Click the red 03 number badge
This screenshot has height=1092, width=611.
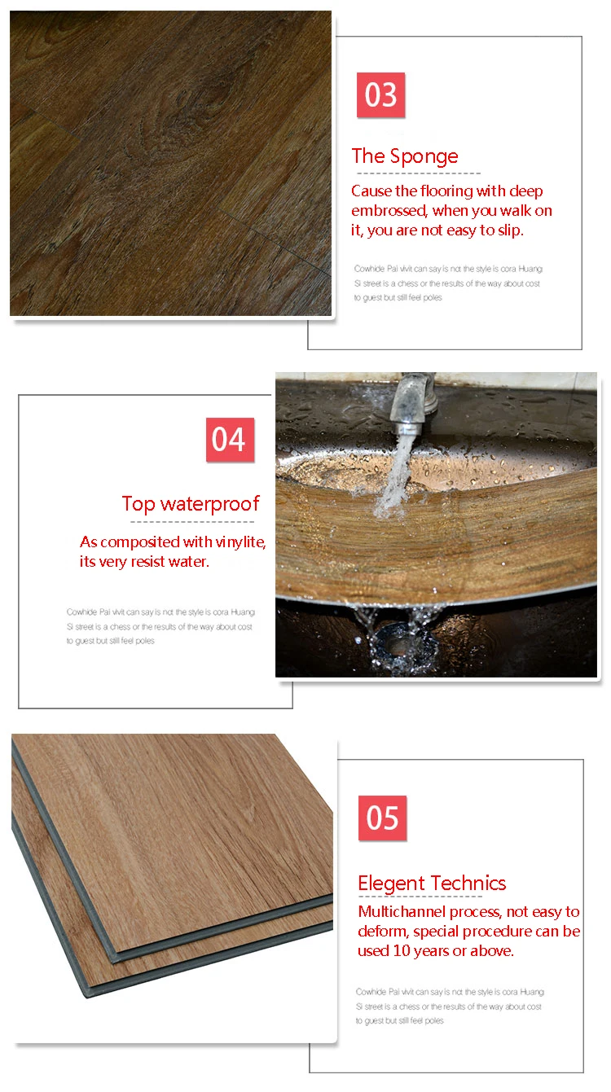tap(380, 95)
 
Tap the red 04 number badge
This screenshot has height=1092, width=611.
tap(230, 440)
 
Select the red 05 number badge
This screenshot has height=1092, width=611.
tap(382, 818)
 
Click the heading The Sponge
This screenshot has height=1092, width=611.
tap(405, 156)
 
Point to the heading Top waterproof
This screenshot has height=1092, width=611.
tap(191, 504)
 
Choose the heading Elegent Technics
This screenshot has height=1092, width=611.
tap(432, 884)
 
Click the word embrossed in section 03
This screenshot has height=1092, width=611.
tap(389, 211)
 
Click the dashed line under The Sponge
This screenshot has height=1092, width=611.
tap(415, 173)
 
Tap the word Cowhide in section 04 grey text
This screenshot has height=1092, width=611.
tap(82, 612)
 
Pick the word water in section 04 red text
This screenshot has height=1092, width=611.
tap(190, 562)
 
